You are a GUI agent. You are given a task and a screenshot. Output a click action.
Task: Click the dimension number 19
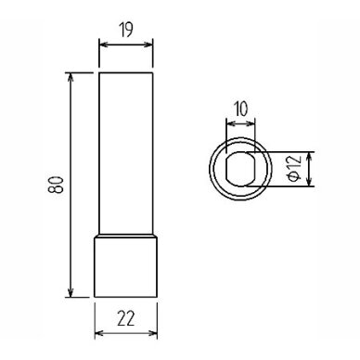(125, 30)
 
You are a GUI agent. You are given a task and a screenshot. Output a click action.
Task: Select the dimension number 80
(56, 185)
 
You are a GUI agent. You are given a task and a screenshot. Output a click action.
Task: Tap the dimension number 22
(126, 318)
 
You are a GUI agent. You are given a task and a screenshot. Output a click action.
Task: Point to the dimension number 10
(241, 109)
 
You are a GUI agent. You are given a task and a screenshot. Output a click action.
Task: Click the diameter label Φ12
(294, 169)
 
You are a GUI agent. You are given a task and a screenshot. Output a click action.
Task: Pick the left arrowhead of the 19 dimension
(103, 45)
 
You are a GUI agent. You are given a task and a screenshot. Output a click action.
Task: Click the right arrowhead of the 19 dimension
(148, 45)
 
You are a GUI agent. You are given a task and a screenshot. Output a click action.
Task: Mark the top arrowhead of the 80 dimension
(71, 77)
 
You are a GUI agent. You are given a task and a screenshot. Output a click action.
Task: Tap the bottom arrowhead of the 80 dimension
(71, 292)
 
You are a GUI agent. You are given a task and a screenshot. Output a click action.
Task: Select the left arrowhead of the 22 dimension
(98, 333)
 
